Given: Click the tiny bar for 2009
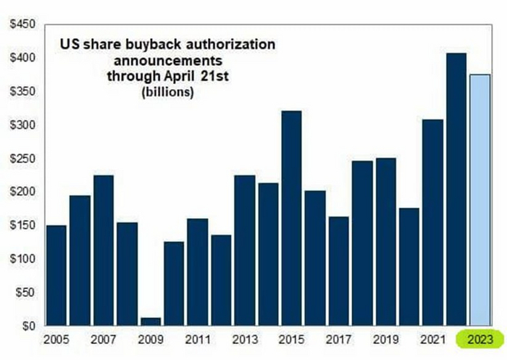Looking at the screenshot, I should (151, 322).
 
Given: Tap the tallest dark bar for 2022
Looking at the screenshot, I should (456, 189).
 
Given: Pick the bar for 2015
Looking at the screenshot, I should (291, 218).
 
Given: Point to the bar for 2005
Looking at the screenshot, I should (56, 276).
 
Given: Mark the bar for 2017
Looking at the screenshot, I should (338, 271).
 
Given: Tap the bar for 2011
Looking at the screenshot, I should (198, 272).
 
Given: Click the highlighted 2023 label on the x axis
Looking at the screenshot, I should (480, 339).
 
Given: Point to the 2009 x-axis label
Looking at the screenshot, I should (151, 339).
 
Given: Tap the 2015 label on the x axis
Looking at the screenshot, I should (291, 339).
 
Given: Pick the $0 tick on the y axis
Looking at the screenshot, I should (26, 327).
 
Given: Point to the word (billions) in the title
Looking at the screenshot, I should (168, 93).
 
